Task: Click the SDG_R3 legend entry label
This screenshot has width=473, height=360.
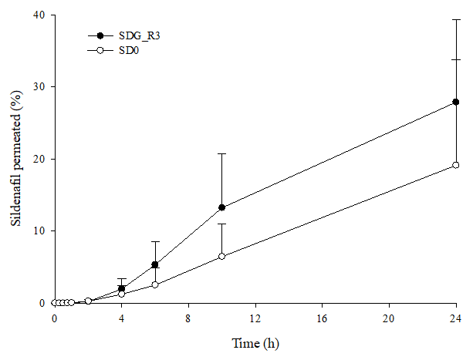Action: [138, 36]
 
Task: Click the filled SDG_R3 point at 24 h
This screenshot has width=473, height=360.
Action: [456, 102]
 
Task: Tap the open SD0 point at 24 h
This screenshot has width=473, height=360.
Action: [456, 165]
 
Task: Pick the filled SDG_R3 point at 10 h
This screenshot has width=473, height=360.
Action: [222, 207]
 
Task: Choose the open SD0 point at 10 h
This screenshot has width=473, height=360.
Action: [222, 256]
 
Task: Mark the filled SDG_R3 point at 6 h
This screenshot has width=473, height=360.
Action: [155, 264]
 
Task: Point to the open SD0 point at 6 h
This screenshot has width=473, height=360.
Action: [155, 284]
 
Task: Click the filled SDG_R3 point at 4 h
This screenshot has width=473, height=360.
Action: [122, 288]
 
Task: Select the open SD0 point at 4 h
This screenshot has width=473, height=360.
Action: [122, 294]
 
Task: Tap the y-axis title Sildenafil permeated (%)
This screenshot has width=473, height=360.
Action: [15, 159]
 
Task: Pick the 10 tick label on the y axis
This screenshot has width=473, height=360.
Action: [39, 231]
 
